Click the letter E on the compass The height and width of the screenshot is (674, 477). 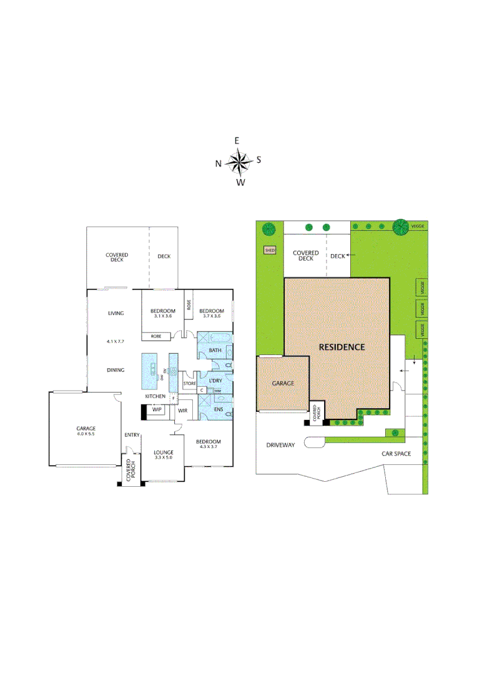pyautogui.click(x=237, y=141)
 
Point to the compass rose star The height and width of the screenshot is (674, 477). pyautogui.click(x=238, y=162)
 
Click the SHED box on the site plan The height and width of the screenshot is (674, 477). pyautogui.click(x=270, y=250)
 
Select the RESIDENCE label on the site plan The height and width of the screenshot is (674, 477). pyautogui.click(x=342, y=347)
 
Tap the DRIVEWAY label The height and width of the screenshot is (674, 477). pyautogui.click(x=280, y=445)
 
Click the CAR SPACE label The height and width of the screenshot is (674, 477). pyautogui.click(x=396, y=453)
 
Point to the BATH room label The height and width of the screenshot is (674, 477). pyautogui.click(x=215, y=351)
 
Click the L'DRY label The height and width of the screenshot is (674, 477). pyautogui.click(x=216, y=380)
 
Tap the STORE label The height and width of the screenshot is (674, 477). pyautogui.click(x=190, y=383)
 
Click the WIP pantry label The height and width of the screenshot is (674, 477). pyautogui.click(x=157, y=409)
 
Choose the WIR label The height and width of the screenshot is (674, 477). pyautogui.click(x=183, y=411)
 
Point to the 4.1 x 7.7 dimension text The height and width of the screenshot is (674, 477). pyautogui.click(x=116, y=341)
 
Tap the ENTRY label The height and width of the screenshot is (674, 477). pyautogui.click(x=132, y=435)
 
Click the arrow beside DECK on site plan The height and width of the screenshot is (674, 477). pyautogui.click(x=352, y=255)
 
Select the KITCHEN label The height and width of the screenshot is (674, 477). pyautogui.click(x=155, y=397)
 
